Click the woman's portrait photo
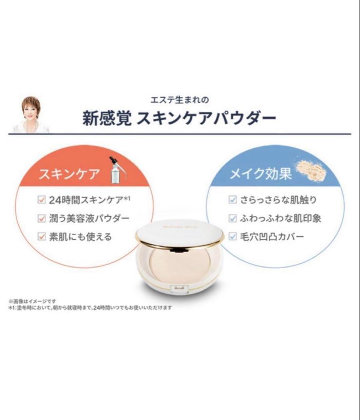coord(31,114)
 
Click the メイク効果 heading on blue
coord(260,174)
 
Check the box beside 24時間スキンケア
coord(41,200)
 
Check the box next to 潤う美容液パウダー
coord(41,218)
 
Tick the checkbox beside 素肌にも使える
coord(41,236)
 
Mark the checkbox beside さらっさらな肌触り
coord(232,200)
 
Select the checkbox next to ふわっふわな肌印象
coord(232,218)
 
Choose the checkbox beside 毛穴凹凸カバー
coord(232,236)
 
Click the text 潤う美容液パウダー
coord(89,218)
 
